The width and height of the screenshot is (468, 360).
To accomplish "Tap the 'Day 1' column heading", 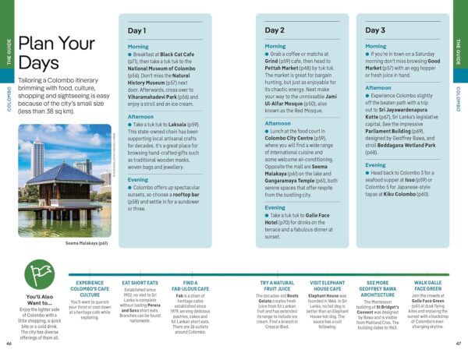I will click(136, 30).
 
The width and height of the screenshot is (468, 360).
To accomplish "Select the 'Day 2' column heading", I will click(275, 30).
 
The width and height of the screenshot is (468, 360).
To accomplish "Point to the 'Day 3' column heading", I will click(375, 30).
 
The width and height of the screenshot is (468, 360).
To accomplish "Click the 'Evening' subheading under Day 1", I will click(138, 179).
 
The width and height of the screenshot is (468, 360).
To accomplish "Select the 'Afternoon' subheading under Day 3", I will click(379, 88).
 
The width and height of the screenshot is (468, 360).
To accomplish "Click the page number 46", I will click(9, 344).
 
